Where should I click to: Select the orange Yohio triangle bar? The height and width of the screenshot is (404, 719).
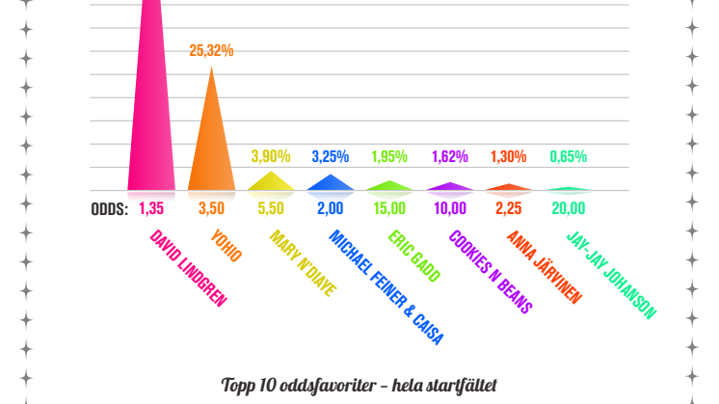(x=211, y=145)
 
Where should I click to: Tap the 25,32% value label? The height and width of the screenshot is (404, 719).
(x=211, y=51)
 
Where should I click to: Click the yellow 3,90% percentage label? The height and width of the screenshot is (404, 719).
(x=271, y=156)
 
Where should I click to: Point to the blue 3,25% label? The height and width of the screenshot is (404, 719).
(x=331, y=156)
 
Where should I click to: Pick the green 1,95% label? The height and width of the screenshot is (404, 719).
(x=389, y=156)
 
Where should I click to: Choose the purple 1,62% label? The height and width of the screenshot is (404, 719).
(x=449, y=156)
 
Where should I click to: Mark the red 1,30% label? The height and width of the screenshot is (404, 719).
(x=509, y=156)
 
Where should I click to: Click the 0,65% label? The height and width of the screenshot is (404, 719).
(x=568, y=156)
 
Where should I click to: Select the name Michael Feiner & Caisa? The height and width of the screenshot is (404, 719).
(x=384, y=286)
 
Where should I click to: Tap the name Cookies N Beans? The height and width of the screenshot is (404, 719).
(x=490, y=271)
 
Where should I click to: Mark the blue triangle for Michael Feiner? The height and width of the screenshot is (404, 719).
(x=331, y=183)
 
